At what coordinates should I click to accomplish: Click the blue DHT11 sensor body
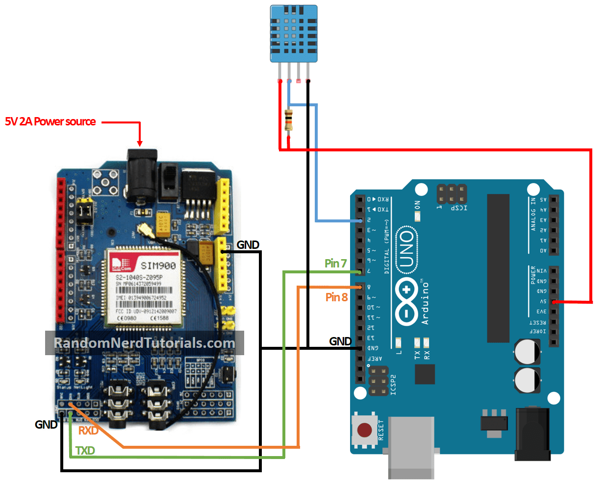click(294, 33)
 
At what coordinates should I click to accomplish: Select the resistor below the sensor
click(288, 121)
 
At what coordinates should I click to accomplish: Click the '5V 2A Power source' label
click(51, 121)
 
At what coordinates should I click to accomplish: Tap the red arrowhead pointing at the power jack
click(140, 143)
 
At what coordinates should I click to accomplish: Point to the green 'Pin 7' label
click(335, 264)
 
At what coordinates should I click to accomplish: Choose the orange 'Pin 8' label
click(336, 297)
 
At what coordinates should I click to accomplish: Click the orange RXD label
click(88, 431)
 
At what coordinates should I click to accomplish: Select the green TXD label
click(85, 451)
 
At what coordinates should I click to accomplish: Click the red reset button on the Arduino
click(364, 431)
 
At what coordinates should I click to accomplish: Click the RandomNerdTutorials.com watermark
click(144, 343)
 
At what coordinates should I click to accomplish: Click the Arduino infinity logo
click(406, 301)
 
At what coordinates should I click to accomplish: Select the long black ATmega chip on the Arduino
click(498, 268)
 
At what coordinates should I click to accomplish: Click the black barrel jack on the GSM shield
click(142, 171)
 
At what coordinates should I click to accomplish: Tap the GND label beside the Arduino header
click(340, 341)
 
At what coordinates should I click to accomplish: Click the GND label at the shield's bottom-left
click(46, 425)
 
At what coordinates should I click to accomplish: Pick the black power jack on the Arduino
click(532, 434)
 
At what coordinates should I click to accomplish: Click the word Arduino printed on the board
click(425, 303)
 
